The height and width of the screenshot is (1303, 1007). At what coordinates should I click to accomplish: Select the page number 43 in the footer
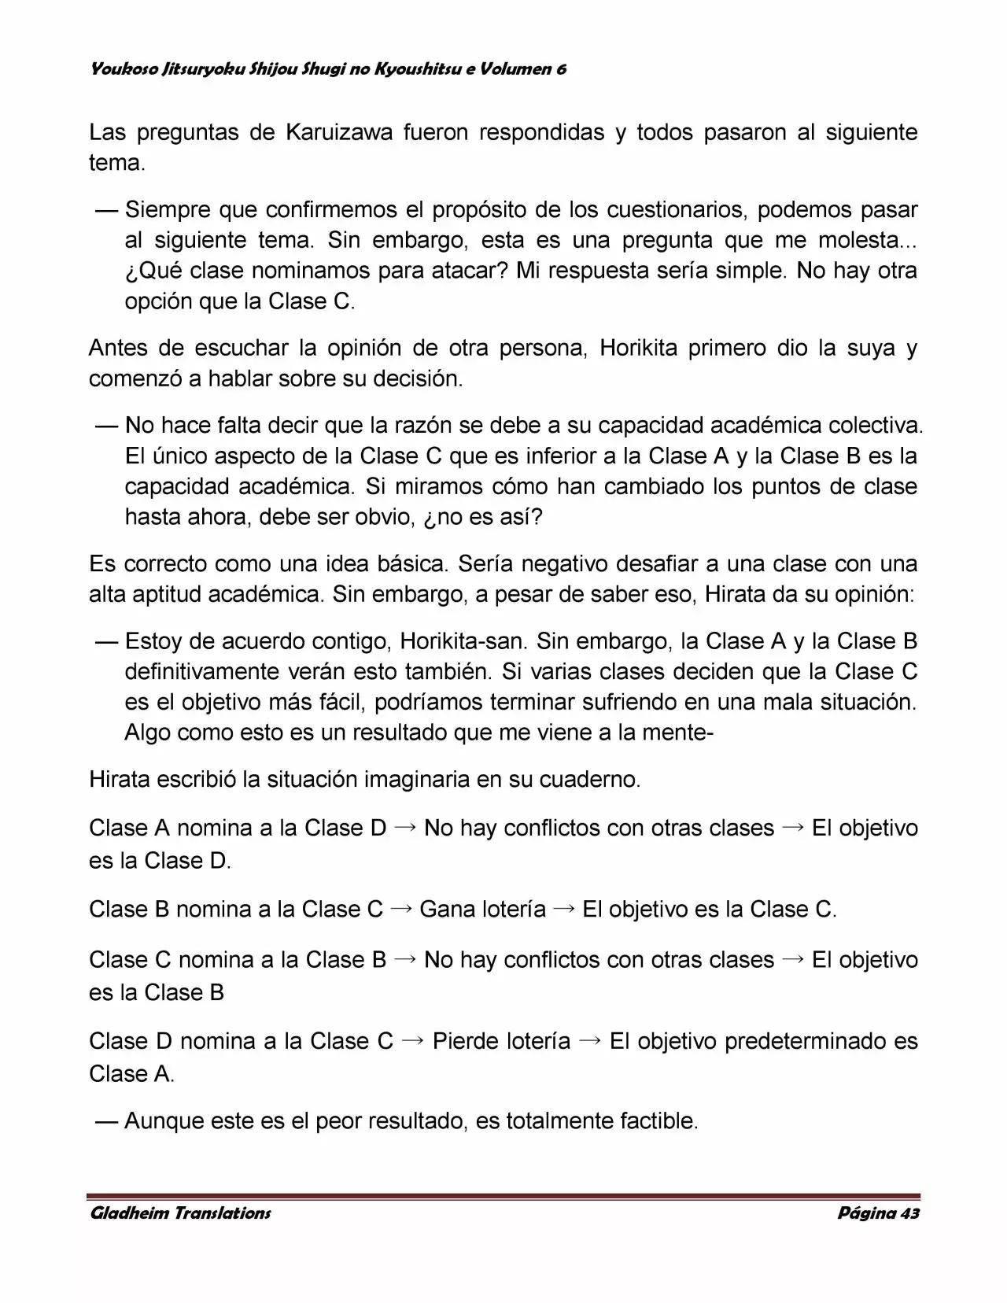coord(909,1213)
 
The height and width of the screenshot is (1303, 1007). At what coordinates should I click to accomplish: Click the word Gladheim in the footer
coord(128,1213)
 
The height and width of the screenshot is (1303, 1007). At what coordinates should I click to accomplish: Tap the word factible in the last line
coord(658,1120)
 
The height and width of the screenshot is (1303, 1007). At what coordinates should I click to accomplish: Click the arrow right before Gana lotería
coord(401,909)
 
